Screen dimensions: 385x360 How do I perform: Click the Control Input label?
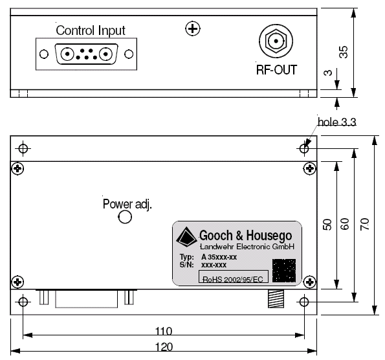point(91,31)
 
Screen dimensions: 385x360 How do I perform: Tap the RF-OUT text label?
point(276,70)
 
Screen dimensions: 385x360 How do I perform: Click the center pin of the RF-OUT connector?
point(276,41)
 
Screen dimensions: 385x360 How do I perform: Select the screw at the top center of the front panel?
point(193,28)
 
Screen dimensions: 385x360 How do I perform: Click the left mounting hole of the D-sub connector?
point(44,54)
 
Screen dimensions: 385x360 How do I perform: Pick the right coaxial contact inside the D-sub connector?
point(106,54)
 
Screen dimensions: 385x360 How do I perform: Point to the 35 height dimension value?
point(343,52)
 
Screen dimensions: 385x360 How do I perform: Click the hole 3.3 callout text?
point(336,122)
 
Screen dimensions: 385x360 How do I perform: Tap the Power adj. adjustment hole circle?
point(125,217)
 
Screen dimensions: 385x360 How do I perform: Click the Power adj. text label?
point(127,204)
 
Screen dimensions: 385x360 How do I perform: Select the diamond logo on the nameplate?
point(186,236)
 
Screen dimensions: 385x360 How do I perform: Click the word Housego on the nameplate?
point(269,236)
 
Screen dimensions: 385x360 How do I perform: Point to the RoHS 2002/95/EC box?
point(233,276)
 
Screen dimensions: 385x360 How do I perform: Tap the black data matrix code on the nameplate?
point(284,271)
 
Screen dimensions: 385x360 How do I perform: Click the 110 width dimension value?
point(164,331)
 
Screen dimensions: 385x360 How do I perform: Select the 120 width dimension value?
point(164,347)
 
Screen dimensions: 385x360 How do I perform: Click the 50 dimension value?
point(327,225)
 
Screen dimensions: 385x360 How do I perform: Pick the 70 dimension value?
point(365,224)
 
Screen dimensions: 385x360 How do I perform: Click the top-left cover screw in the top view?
point(17,168)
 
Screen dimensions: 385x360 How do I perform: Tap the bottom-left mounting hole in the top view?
point(23,302)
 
